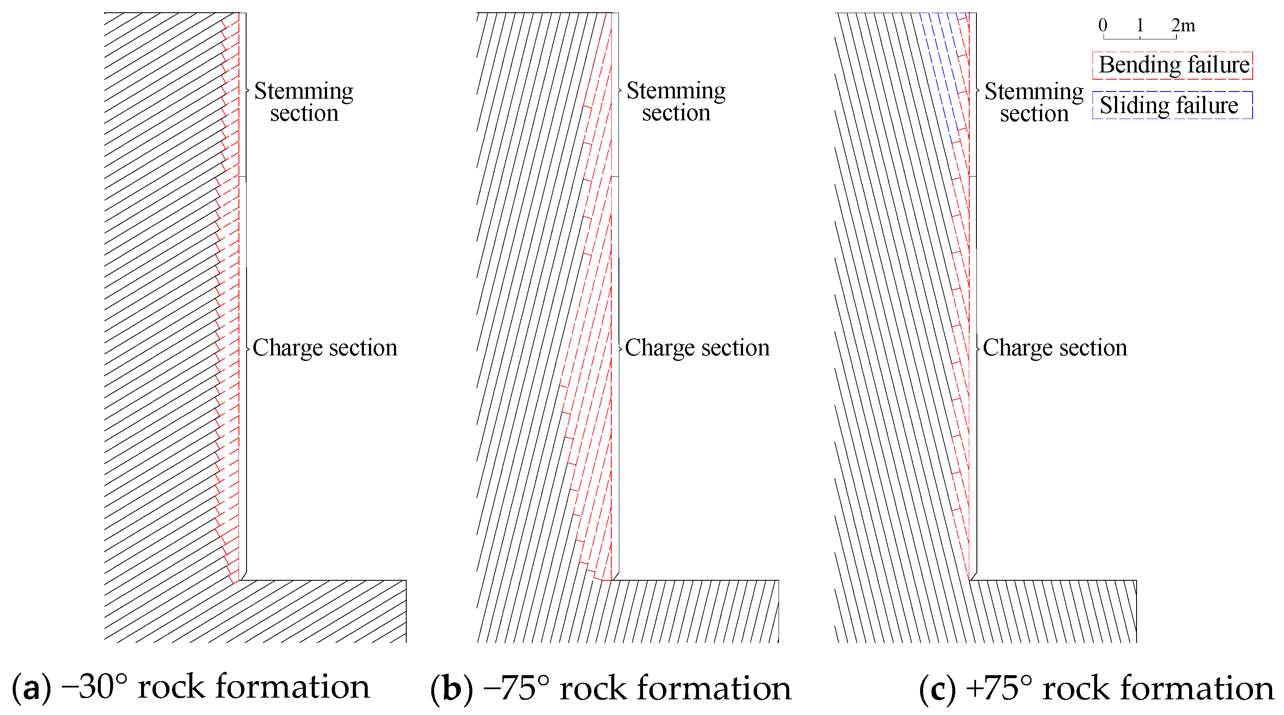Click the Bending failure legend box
[1172, 65]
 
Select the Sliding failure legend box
[1172, 105]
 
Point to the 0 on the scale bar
[1103, 25]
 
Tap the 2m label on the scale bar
[1183, 25]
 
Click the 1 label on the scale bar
[1140, 25]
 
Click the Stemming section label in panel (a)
[304, 102]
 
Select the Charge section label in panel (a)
[324, 347]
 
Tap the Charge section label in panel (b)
[697, 347]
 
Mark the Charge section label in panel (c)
[1055, 347]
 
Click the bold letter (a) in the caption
[31, 687]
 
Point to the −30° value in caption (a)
[94, 687]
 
